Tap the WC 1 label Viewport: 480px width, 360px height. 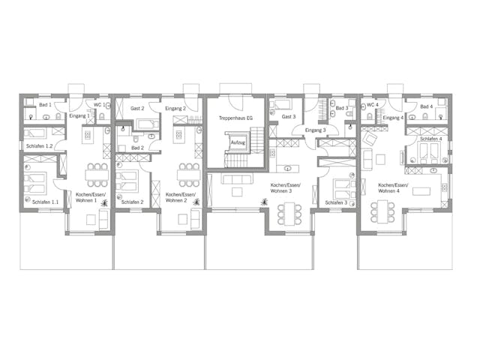(x=99, y=104)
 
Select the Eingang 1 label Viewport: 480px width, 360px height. (x=79, y=116)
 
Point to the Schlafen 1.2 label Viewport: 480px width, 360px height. (x=39, y=145)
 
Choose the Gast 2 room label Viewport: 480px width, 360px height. (x=137, y=109)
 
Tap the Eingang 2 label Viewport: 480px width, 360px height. (x=175, y=109)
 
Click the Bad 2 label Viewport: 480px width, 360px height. (x=137, y=148)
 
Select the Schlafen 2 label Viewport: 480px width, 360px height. (x=131, y=202)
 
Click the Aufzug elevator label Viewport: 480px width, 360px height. (x=238, y=142)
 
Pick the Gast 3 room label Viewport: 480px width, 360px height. (x=289, y=118)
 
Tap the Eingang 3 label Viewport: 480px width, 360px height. (x=315, y=130)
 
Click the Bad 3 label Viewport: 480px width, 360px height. (x=341, y=109)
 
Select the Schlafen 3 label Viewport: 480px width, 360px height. (x=336, y=202)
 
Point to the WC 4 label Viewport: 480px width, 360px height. (x=372, y=105)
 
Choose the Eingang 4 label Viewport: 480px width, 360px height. (x=393, y=118)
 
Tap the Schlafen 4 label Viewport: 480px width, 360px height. (x=430, y=139)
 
